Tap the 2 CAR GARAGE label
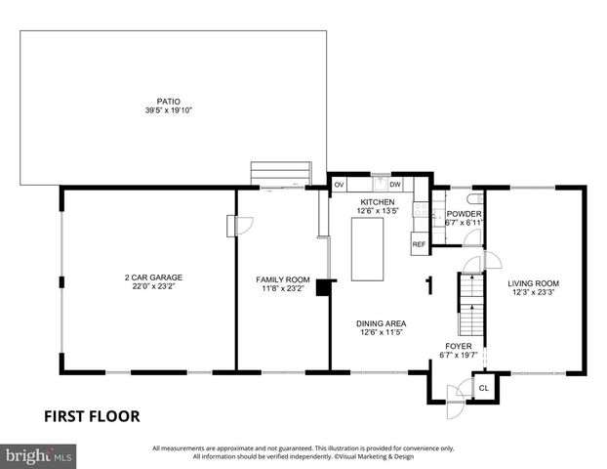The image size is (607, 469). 152,277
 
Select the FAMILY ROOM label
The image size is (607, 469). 282,279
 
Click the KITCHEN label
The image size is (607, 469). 377,201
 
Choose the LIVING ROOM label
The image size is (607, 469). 534,283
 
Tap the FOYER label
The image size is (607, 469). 460,346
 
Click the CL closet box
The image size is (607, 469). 483,388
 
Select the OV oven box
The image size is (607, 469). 340,185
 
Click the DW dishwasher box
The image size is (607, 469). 395,185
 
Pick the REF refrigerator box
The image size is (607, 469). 419,243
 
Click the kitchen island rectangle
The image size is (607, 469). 369,249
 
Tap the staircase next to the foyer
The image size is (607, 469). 471,304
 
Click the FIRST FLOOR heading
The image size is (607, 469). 92,416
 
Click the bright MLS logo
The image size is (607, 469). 40,455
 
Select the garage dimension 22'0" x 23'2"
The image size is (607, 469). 152,286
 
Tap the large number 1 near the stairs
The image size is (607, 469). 428,286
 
